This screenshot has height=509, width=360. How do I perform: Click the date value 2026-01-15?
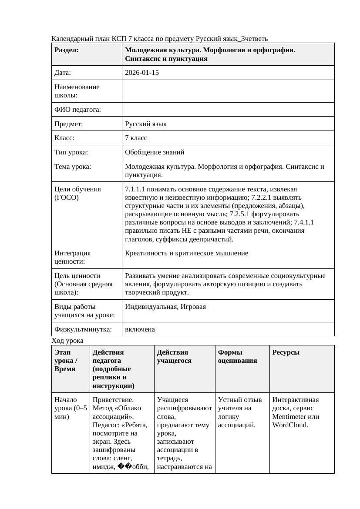(141, 73)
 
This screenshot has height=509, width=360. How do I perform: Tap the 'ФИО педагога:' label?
(77, 110)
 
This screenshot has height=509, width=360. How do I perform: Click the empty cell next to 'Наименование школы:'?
(228, 91)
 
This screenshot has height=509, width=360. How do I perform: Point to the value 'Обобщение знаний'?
(155, 152)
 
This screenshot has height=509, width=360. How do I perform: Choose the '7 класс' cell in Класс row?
(136, 138)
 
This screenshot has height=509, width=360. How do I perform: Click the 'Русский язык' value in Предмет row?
(145, 124)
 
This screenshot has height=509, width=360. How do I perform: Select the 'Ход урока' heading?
(67, 340)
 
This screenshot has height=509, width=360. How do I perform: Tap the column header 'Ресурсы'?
(286, 352)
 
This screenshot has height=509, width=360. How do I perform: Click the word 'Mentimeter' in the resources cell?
(290, 416)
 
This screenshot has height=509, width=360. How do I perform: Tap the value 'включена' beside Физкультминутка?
(140, 329)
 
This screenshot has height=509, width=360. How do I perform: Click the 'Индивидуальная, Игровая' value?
(165, 307)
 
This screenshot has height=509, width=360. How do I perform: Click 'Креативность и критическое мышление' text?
(186, 253)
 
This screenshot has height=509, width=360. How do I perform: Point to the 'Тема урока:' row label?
(73, 167)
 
